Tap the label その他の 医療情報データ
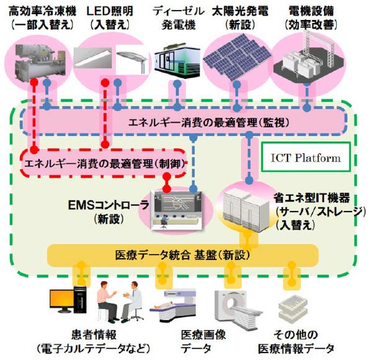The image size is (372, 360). pos(303,340)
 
